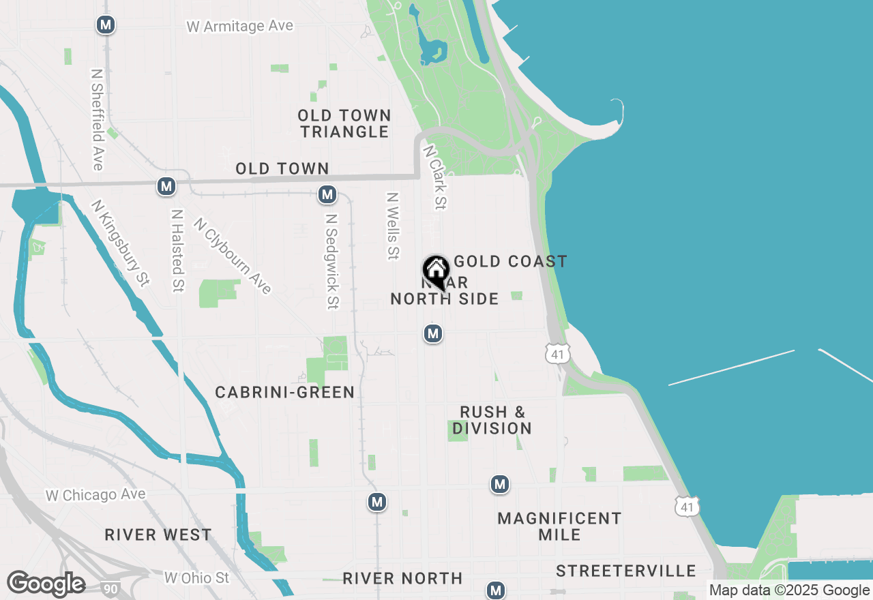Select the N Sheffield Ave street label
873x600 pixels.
97,118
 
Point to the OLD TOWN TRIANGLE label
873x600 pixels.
344,123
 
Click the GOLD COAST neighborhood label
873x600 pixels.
510,261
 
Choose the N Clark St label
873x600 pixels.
435,177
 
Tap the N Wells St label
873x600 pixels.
392,226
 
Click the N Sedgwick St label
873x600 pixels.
331,261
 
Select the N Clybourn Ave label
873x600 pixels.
233,256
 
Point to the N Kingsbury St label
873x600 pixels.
120,243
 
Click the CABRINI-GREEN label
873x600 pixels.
284,392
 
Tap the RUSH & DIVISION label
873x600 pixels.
492,420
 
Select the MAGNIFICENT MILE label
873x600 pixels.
559,526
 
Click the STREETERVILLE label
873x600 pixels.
625,571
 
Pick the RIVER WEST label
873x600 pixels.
158,535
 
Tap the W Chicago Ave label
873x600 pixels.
95,495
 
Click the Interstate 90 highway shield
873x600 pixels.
108,587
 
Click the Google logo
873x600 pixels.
46,584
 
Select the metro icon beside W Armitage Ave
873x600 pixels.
105,25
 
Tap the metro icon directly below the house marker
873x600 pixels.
432,333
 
